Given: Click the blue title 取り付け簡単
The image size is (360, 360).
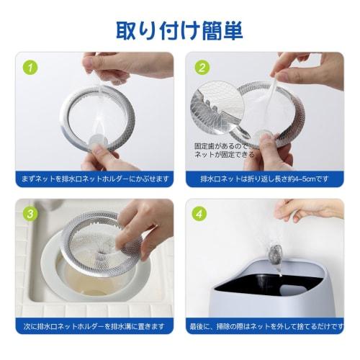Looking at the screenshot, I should click(179, 30).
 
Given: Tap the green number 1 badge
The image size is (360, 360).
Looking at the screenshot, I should click(30, 69).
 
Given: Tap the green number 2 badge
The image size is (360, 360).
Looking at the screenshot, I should click(202, 69).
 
